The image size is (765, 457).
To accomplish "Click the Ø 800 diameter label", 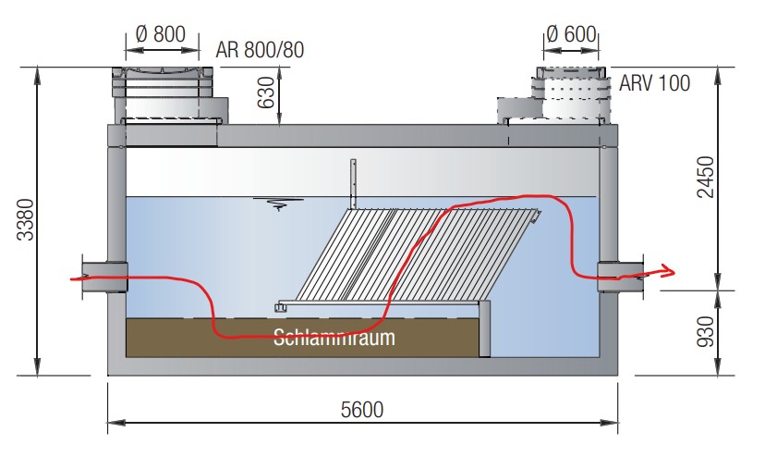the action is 160,34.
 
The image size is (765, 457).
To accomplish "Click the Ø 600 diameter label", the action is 571,34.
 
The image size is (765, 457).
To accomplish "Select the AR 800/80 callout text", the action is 260,50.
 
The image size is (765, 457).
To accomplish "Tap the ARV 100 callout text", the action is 655,83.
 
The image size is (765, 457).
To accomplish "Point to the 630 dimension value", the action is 266,93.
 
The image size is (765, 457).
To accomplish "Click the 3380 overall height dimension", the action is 25,219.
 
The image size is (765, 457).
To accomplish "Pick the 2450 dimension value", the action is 706,177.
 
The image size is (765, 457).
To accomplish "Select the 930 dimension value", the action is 706,331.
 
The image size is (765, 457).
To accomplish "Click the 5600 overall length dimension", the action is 362,410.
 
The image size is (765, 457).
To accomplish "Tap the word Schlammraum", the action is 334,338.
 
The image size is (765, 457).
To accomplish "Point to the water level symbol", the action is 278,204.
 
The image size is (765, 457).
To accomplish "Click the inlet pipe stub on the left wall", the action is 104,278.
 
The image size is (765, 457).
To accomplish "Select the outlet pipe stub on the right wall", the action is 621,277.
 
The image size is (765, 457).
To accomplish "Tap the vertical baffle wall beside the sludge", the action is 484,329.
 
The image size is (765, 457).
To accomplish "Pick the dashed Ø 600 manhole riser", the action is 571,94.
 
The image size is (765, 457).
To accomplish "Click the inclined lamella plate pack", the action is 417,255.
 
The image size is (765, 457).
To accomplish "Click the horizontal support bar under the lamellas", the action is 378,305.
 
